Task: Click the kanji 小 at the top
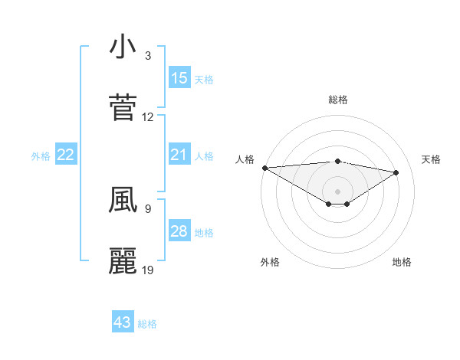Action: click(123, 47)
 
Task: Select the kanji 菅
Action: click(123, 108)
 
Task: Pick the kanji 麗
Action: click(123, 261)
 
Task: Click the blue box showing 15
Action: click(179, 78)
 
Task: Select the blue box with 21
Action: click(179, 155)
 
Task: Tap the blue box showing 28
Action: click(179, 232)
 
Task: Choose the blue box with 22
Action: click(66, 155)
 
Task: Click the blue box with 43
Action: click(123, 322)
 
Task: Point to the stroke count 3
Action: click(148, 56)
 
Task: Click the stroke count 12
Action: click(148, 117)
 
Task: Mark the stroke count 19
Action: click(148, 270)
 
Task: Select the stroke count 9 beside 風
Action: click(148, 208)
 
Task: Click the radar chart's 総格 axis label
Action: click(337, 100)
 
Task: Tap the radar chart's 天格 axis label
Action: click(431, 159)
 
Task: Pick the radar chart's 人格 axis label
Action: click(245, 159)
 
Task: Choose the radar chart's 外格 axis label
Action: click(270, 262)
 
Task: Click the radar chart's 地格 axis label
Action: click(402, 262)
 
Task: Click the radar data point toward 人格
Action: click(264, 168)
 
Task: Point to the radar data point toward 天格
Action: click(396, 172)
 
